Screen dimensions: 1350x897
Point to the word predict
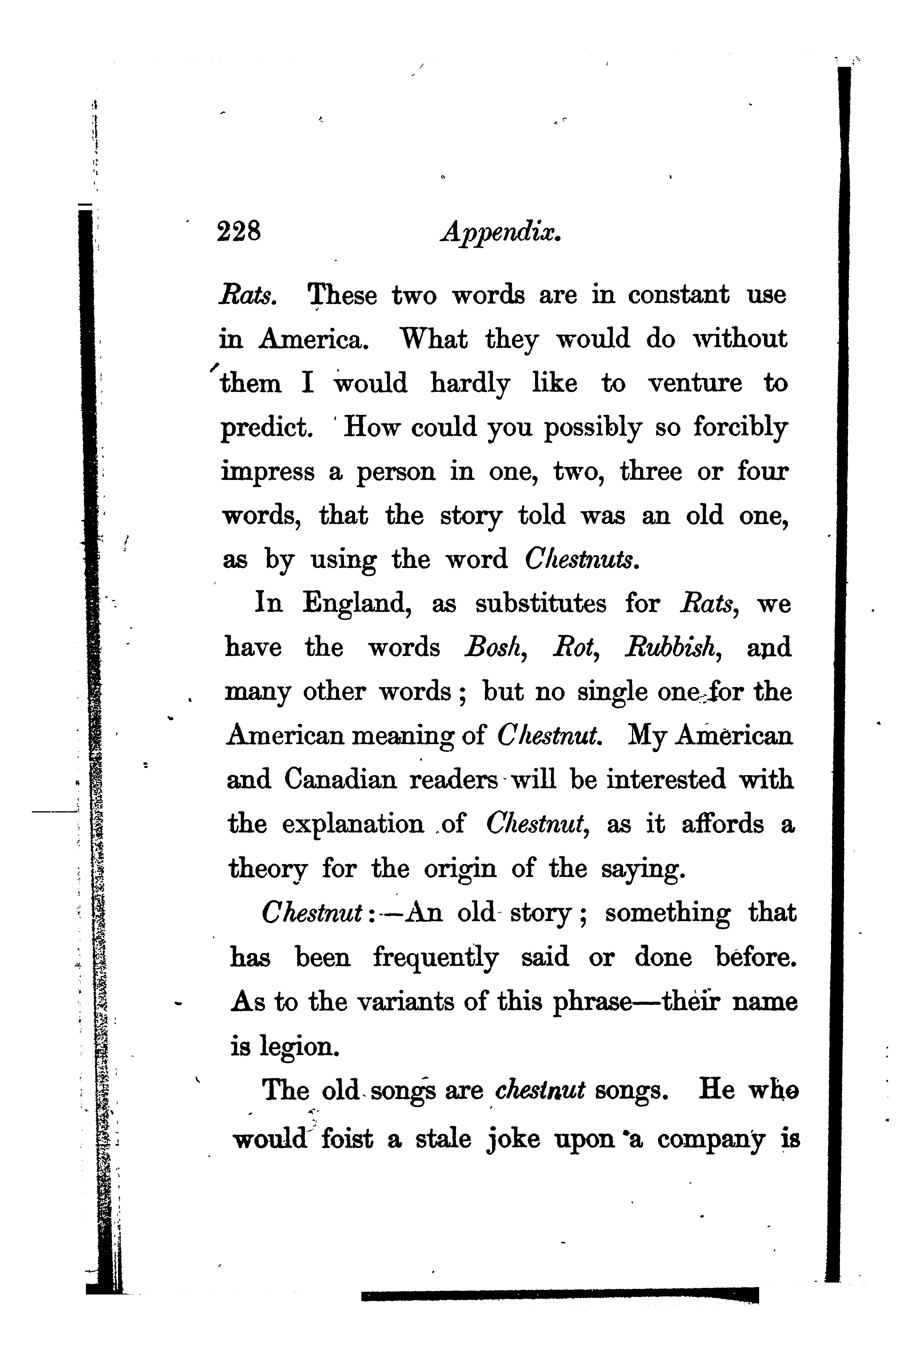(266, 428)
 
